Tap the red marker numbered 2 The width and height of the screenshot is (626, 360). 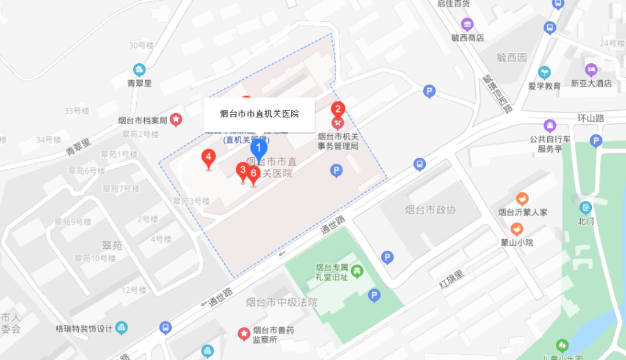point(337,109)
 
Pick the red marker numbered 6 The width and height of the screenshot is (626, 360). point(253,173)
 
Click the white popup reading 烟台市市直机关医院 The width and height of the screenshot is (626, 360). point(259,114)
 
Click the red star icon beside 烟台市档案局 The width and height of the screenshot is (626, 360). point(176,120)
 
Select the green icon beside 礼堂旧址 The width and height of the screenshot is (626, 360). point(358,270)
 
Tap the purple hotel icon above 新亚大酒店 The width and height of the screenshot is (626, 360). point(591,70)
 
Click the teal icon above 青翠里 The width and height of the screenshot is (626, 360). point(139,70)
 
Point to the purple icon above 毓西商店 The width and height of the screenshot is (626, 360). point(467,24)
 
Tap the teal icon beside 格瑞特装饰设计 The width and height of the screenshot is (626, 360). point(121,328)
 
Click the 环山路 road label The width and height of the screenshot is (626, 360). point(591,118)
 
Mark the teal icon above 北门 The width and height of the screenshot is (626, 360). point(585,208)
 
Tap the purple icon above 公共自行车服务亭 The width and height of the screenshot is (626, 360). point(549,125)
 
